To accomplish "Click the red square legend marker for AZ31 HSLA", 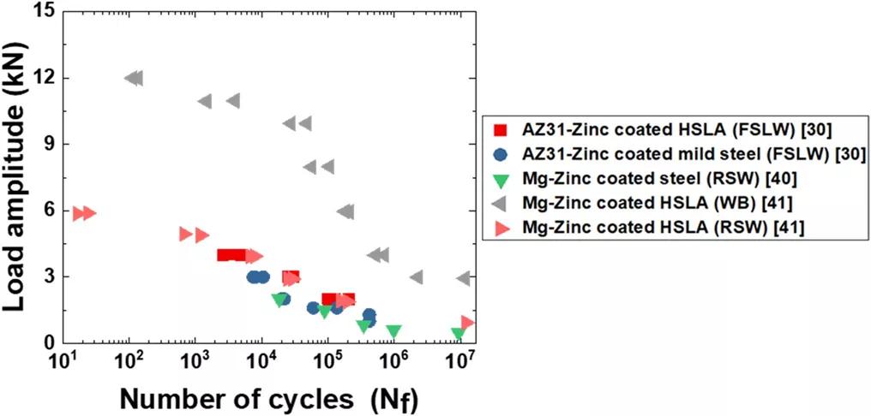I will (x=502, y=130).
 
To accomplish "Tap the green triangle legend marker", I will (x=502, y=180).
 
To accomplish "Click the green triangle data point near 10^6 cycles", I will (x=393, y=331).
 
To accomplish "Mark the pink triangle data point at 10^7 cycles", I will (x=467, y=323).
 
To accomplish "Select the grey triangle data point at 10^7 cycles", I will (x=463, y=278).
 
